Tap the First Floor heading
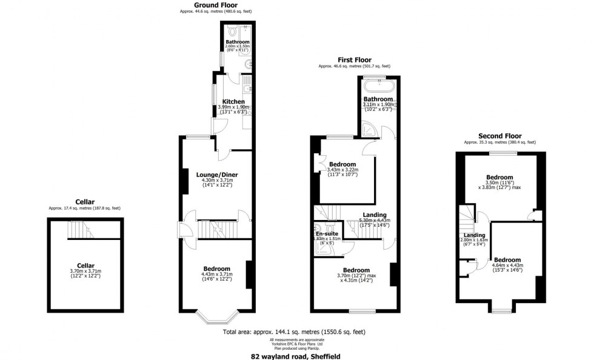354,59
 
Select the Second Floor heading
499,136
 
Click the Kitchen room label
233,102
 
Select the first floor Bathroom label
378,99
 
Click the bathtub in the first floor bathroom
379,84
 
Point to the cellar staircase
79,230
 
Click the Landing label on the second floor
475,235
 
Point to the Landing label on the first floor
375,215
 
